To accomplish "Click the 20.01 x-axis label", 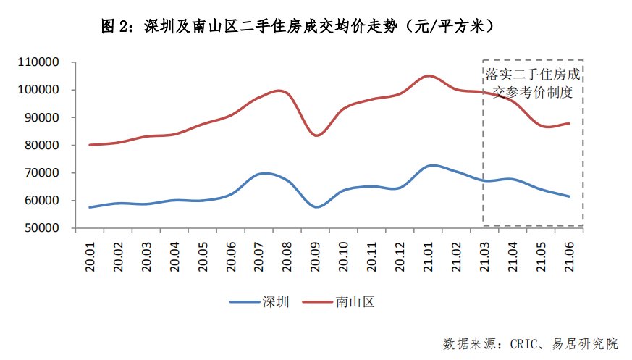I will click(x=91, y=255).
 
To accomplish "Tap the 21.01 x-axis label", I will click(x=430, y=255).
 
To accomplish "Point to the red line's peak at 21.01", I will click(x=429, y=75).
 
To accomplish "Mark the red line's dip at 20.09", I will click(x=316, y=135).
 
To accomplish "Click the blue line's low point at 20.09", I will click(x=316, y=207).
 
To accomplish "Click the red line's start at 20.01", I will click(x=90, y=145).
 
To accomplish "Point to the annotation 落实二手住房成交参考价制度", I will click(x=533, y=83).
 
